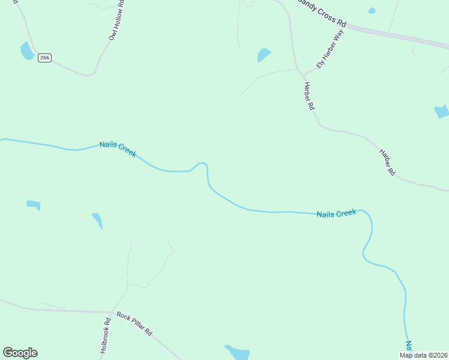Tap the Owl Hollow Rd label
(x=116, y=22)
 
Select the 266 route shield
(x=44, y=58)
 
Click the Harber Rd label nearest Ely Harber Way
(x=309, y=96)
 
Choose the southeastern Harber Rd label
(x=387, y=161)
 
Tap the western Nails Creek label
(x=118, y=149)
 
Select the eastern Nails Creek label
(x=336, y=214)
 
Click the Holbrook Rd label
(x=105, y=338)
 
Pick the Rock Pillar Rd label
(x=134, y=324)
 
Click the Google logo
(x=20, y=353)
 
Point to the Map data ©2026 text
(x=424, y=355)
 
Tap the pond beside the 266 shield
(x=27, y=51)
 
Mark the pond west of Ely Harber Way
(x=264, y=55)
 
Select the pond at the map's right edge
(x=442, y=111)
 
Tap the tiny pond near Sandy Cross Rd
(x=372, y=10)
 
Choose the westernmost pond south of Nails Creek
(x=34, y=205)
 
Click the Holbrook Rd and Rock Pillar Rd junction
(x=112, y=313)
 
